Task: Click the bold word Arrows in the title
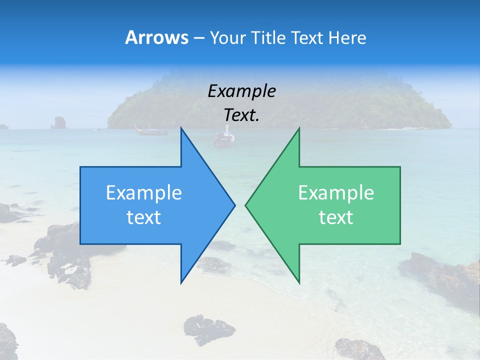click(x=156, y=37)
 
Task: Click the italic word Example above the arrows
click(x=241, y=91)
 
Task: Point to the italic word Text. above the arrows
click(x=241, y=115)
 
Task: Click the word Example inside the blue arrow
click(x=144, y=192)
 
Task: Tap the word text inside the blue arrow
click(x=144, y=217)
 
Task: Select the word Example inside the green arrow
click(x=336, y=192)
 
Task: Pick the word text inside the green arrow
click(x=336, y=217)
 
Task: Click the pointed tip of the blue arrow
click(x=234, y=205)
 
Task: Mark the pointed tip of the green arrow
click(x=246, y=205)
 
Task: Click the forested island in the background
click(x=280, y=102)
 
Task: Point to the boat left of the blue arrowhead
click(x=150, y=131)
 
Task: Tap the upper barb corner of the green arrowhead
click(x=299, y=128)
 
